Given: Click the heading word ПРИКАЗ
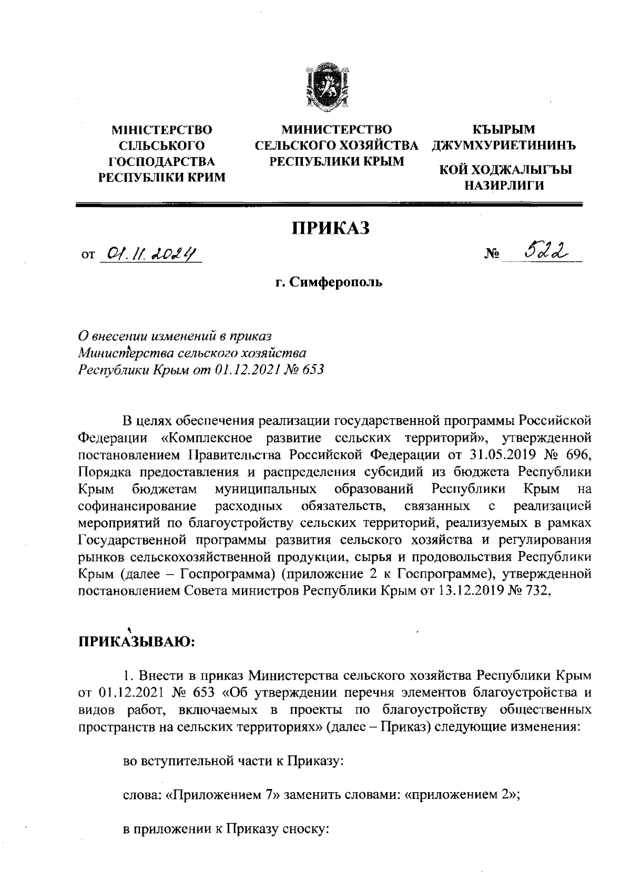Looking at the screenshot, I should point(331,229).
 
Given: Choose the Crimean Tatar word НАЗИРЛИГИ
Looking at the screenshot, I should point(503,185).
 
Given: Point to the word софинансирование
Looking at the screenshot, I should point(137,506).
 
